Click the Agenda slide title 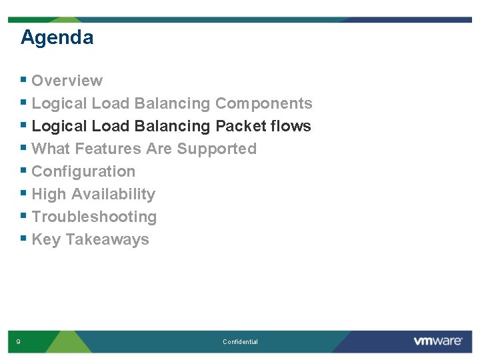pyautogui.click(x=57, y=37)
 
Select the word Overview pyautogui.click(x=67, y=81)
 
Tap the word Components pyautogui.click(x=263, y=103)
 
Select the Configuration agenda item pyautogui.click(x=83, y=171)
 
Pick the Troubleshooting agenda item pyautogui.click(x=94, y=217)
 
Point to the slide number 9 pyautogui.click(x=18, y=342)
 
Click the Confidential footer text pyautogui.click(x=240, y=342)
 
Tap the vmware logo pyautogui.click(x=438, y=341)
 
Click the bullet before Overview pyautogui.click(x=23, y=80)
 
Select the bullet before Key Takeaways pyautogui.click(x=23, y=239)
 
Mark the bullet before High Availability pyautogui.click(x=23, y=193)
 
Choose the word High pyautogui.click(x=49, y=194)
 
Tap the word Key pyautogui.click(x=46, y=239)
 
